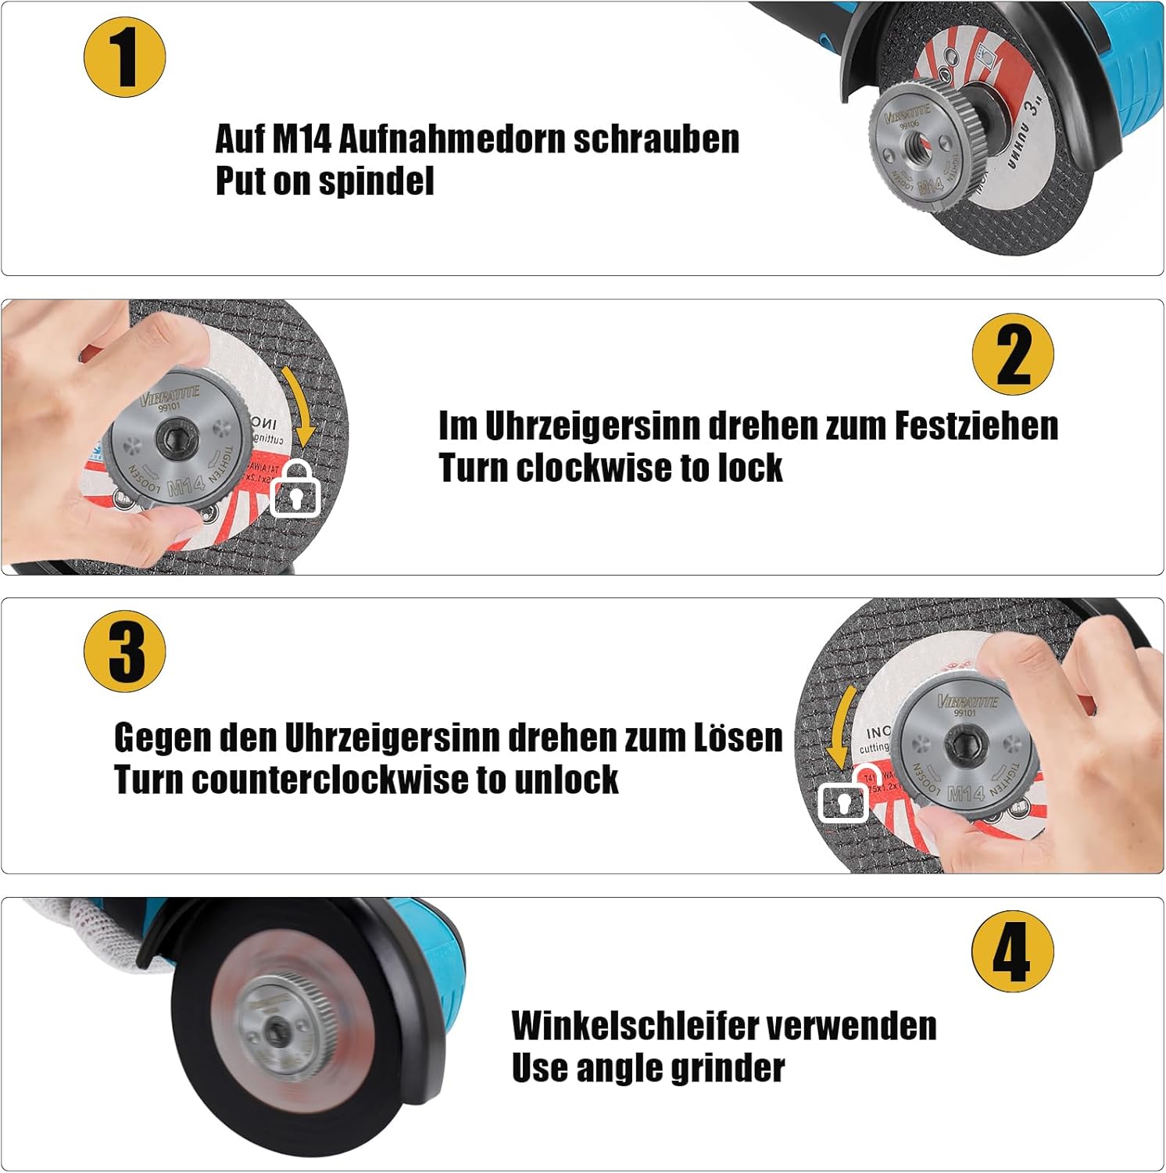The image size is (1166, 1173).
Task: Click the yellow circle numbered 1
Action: coord(125,57)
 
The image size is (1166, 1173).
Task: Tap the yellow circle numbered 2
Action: coord(1013,354)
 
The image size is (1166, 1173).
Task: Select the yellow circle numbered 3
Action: coord(125,651)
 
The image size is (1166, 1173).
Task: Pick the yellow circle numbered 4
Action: coord(1013,951)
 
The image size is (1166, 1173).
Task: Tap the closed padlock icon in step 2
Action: coord(295,490)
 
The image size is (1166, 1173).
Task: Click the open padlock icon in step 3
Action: coord(846,796)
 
